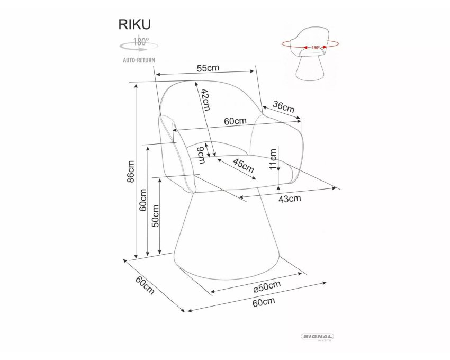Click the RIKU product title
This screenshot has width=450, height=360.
point(134,24)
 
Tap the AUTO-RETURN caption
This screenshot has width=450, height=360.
point(139,60)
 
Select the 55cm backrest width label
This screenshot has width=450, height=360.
point(208,68)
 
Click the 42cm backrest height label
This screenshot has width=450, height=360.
point(205,100)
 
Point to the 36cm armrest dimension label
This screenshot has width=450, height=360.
point(284,107)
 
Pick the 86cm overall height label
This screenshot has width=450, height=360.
point(130,171)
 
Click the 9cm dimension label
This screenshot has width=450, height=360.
point(201,155)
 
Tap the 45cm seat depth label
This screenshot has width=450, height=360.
point(244,165)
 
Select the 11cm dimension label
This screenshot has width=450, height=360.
point(273,159)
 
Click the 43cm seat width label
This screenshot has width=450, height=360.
point(290,199)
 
